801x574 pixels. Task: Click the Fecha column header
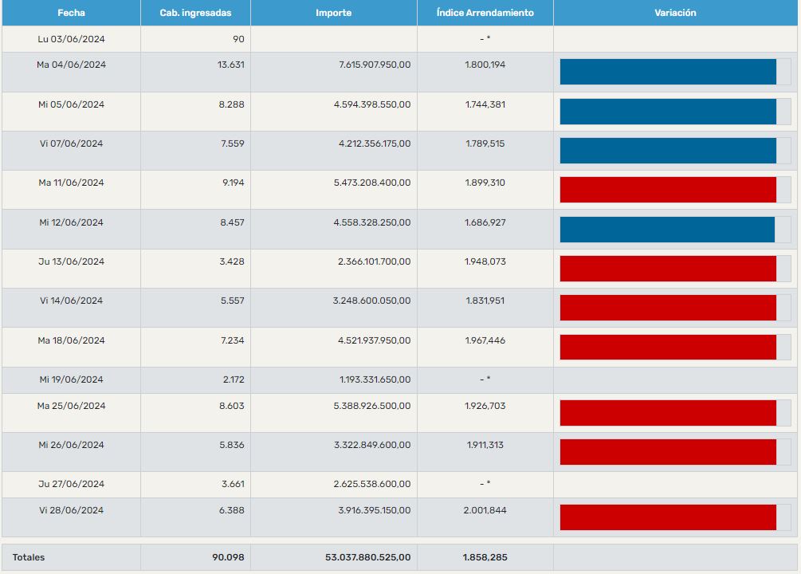[71, 13]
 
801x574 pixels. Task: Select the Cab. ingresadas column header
[195, 13]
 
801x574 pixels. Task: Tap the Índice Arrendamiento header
[485, 13]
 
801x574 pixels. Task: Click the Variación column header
[675, 13]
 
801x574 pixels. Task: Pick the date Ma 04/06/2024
[71, 65]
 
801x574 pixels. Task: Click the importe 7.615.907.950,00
[372, 65]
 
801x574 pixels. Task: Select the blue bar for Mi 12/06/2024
[667, 230]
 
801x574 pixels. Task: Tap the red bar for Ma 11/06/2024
[668, 190]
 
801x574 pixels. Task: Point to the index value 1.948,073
[485, 261]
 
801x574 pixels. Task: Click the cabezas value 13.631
[231, 65]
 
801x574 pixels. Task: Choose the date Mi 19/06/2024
[71, 379]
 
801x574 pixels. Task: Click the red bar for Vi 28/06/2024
[668, 517]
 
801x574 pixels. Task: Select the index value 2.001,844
[485, 510]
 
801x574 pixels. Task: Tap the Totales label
[29, 557]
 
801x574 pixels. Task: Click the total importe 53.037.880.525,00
[367, 557]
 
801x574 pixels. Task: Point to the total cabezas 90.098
[228, 557]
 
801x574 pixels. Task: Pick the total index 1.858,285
[485, 557]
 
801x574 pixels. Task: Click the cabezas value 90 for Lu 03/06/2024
[238, 38]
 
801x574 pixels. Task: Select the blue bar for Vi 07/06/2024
[668, 151]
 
